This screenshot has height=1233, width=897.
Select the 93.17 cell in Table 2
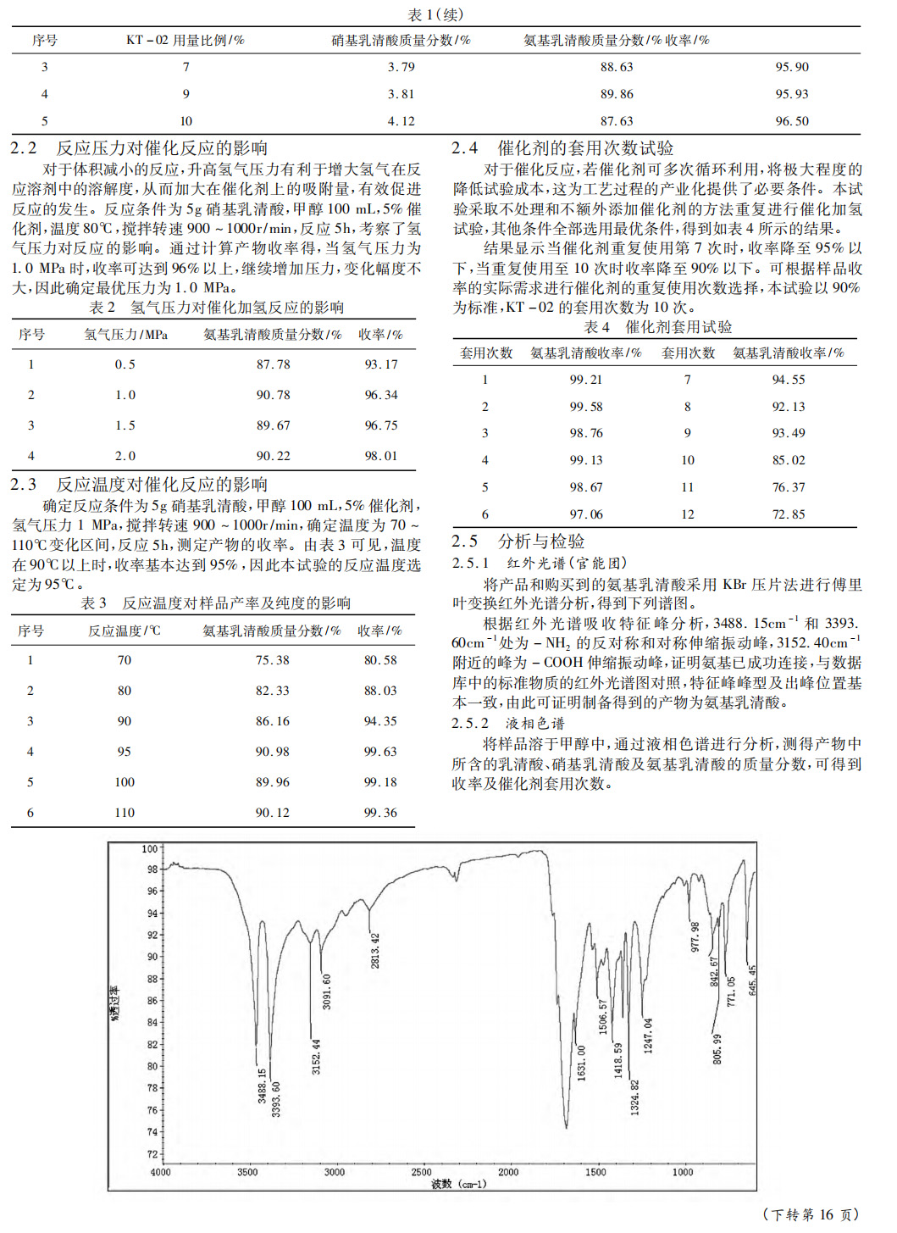[x=381, y=364]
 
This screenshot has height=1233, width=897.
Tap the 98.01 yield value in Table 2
[x=381, y=456]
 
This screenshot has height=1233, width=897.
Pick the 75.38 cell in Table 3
[x=272, y=660]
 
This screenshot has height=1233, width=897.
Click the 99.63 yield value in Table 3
[x=380, y=752]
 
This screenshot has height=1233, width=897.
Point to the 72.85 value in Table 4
[x=788, y=514]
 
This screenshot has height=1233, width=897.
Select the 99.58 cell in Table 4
[x=586, y=407]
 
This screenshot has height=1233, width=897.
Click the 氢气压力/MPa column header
[x=125, y=335]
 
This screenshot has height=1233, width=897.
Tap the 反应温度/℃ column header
[x=124, y=630]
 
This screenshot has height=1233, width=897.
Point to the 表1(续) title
[x=435, y=14]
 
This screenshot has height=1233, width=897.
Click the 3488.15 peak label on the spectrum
[x=263, y=1086]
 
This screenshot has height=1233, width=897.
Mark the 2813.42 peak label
[x=375, y=950]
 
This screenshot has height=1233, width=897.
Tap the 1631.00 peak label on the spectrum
[x=582, y=1062]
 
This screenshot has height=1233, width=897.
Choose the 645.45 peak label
[x=752, y=980]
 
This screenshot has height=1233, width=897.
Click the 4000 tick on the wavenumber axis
[x=160, y=1173]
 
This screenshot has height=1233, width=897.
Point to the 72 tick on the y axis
[x=152, y=1154]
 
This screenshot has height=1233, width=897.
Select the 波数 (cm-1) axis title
[x=459, y=1183]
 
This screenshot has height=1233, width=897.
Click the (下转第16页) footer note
[x=811, y=1214]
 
